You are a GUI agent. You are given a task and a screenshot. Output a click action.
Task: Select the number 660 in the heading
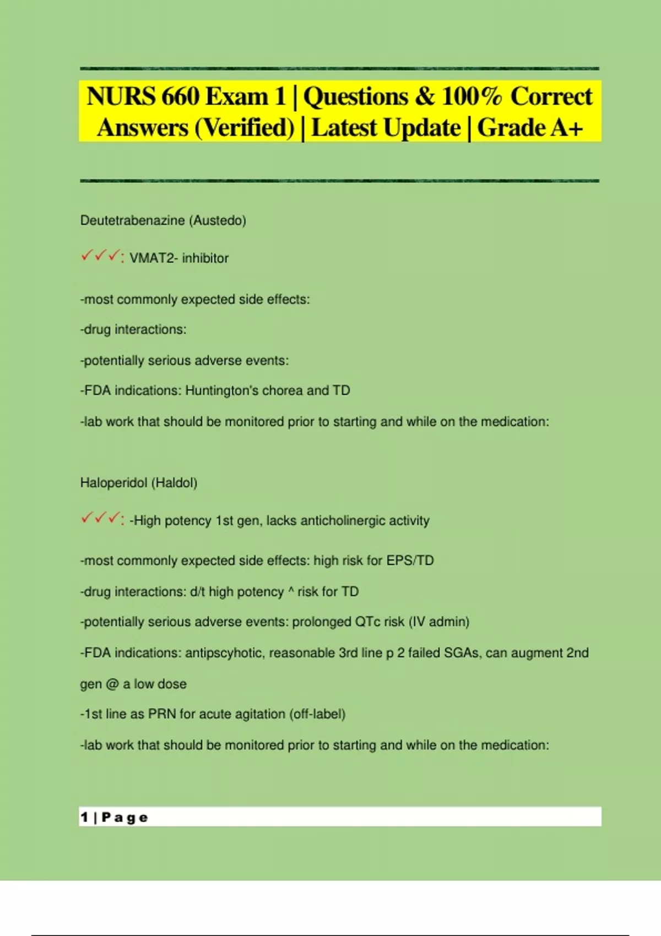pos(180,97)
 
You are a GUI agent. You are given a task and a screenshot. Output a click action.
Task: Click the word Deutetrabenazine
pos(132,220)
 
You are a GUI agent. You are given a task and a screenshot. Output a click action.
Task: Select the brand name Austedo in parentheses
pos(218,220)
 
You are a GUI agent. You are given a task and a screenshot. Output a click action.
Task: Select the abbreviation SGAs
pos(462,653)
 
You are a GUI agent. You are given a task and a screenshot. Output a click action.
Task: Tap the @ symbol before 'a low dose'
pos(112,684)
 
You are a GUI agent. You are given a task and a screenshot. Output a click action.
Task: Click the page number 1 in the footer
pos(84,817)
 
